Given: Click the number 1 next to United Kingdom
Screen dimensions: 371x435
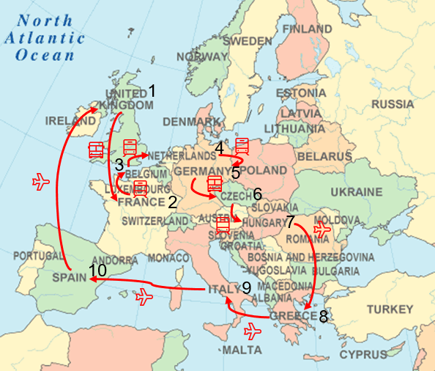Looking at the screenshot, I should (152, 92).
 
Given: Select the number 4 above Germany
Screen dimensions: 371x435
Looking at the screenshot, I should (219, 149).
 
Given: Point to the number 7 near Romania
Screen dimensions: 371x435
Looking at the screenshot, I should (290, 221).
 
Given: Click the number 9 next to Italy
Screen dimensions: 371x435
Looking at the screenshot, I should (246, 288).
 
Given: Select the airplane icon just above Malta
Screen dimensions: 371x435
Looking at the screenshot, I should (253, 330).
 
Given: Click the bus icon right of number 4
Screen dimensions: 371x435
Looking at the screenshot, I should (242, 146).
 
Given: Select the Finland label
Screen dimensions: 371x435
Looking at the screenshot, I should (306, 29).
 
